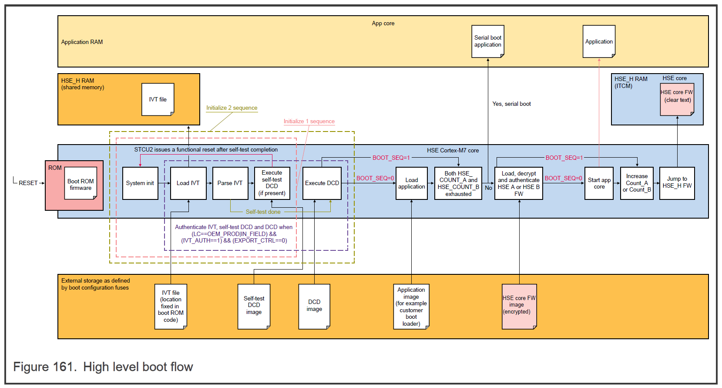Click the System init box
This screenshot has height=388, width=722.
click(140, 183)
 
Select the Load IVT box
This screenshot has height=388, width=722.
click(188, 183)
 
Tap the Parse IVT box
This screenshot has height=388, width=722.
click(230, 183)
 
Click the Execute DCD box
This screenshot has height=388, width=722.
click(322, 183)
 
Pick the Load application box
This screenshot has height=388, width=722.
click(411, 183)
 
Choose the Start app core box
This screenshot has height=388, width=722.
click(599, 183)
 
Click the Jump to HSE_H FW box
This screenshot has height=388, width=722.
click(677, 183)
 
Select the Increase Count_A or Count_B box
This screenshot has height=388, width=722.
click(637, 183)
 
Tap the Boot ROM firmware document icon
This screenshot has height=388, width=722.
click(81, 184)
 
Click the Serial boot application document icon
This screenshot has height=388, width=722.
click(487, 41)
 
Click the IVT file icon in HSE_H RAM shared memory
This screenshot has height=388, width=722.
click(158, 99)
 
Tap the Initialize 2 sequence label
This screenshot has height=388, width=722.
click(232, 108)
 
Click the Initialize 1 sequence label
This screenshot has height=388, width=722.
click(309, 121)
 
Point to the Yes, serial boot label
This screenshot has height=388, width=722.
click(511, 104)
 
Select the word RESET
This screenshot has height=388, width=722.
click(28, 183)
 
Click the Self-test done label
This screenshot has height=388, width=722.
click(263, 212)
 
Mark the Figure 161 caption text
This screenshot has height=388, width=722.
click(103, 367)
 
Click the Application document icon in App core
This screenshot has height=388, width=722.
click(599, 41)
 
